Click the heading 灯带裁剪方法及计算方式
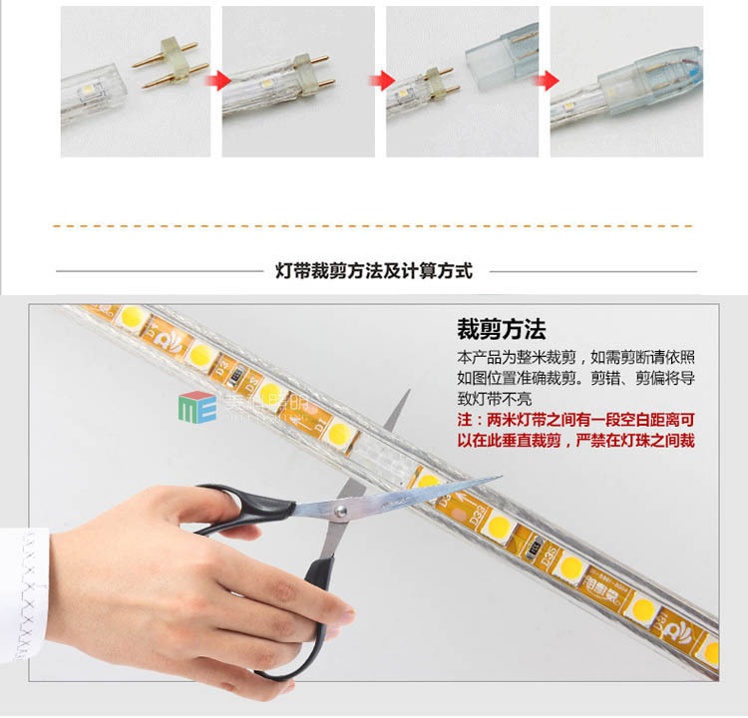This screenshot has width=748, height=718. [x=373, y=270]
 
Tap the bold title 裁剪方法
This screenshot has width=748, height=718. [x=501, y=330]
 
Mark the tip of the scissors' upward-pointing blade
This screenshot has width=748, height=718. [x=408, y=393]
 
